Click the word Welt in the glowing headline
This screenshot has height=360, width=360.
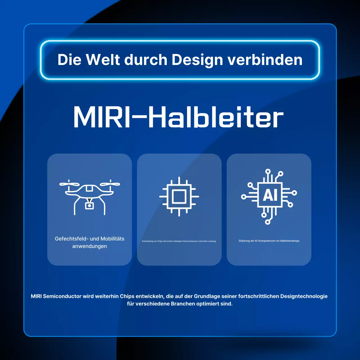point(103,60)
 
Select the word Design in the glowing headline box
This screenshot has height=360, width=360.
point(197,60)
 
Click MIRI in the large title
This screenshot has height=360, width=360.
point(102,117)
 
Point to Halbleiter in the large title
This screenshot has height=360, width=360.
point(216,117)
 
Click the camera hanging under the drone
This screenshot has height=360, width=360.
point(89,205)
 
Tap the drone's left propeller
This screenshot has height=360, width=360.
point(69,184)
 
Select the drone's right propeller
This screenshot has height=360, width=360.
point(110,184)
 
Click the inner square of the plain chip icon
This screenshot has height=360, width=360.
point(179,196)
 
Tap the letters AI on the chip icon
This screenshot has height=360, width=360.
point(270,195)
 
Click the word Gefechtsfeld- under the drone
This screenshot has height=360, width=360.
point(71,239)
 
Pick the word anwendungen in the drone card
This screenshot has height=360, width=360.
point(89,246)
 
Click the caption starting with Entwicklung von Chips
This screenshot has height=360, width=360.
point(179,241)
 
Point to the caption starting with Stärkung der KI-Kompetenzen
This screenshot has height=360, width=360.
point(269,241)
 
